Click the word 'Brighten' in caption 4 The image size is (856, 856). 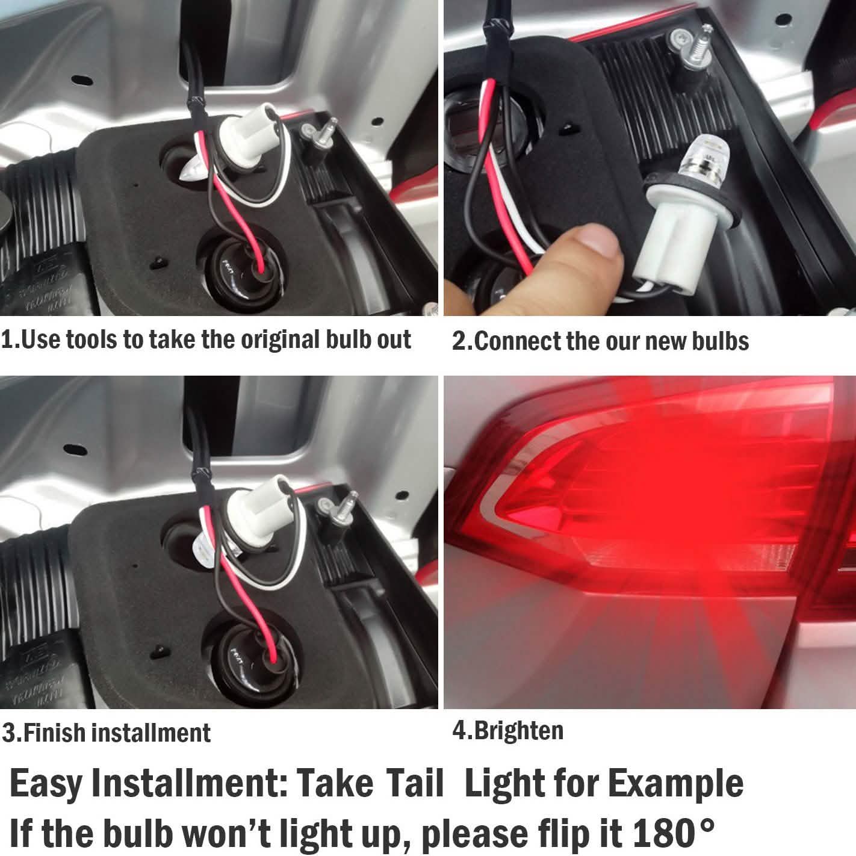(519, 731)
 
